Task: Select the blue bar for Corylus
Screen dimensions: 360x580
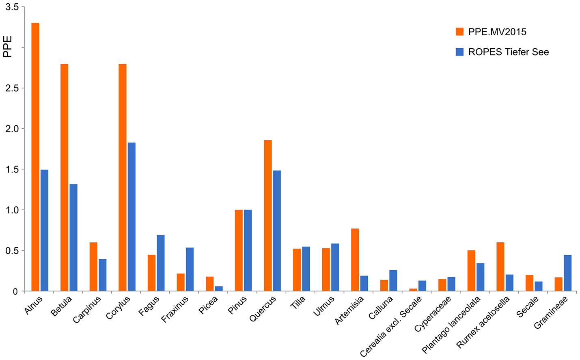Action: click(x=132, y=217)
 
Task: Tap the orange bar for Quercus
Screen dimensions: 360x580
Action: click(x=268, y=216)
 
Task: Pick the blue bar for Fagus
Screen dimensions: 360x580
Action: click(x=161, y=263)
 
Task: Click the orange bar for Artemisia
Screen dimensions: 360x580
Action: click(x=355, y=260)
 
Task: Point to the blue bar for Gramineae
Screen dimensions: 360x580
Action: click(x=567, y=273)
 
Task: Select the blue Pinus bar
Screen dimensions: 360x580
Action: click(x=248, y=250)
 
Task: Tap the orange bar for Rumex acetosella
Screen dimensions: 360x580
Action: click(x=500, y=267)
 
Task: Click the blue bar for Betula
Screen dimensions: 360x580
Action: click(x=73, y=237)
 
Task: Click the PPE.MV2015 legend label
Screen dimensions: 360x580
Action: click(x=497, y=32)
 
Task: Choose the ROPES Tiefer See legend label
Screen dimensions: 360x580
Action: click(x=508, y=52)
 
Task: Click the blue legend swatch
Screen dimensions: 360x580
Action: click(x=459, y=52)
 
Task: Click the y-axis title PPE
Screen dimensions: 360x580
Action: click(x=8, y=47)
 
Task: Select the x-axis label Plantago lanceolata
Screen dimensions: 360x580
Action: click(x=451, y=325)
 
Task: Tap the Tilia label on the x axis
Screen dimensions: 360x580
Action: click(x=298, y=302)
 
